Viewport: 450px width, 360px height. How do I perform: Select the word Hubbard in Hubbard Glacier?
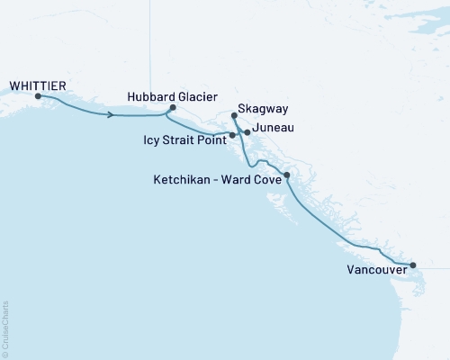[x=148, y=95]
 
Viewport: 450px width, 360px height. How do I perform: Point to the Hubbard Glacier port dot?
[x=172, y=108]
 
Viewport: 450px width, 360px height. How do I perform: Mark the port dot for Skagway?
[x=234, y=116]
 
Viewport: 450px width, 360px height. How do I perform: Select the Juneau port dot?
[x=247, y=132]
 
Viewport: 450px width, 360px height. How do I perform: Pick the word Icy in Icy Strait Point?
[x=152, y=140]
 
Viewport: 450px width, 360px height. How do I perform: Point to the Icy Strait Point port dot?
[x=233, y=136]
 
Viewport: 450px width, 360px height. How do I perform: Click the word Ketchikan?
[x=183, y=180]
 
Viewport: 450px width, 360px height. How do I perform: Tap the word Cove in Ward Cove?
[x=266, y=180]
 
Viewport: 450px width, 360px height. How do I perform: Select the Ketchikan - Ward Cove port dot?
[x=287, y=175]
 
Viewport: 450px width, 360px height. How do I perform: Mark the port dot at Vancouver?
[x=413, y=265]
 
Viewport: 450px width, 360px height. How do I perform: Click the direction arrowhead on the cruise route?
[x=111, y=115]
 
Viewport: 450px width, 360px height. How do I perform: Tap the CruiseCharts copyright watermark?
[x=5, y=328]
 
